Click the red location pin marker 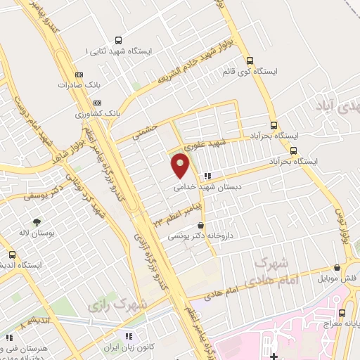(181, 166)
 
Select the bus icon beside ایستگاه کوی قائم (259, 60)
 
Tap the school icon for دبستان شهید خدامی (206, 176)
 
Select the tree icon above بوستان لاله (36, 221)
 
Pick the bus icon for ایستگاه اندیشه (12, 254)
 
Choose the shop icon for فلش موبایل (337, 268)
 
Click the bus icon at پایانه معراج (342, 313)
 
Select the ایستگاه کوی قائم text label (296, 72)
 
